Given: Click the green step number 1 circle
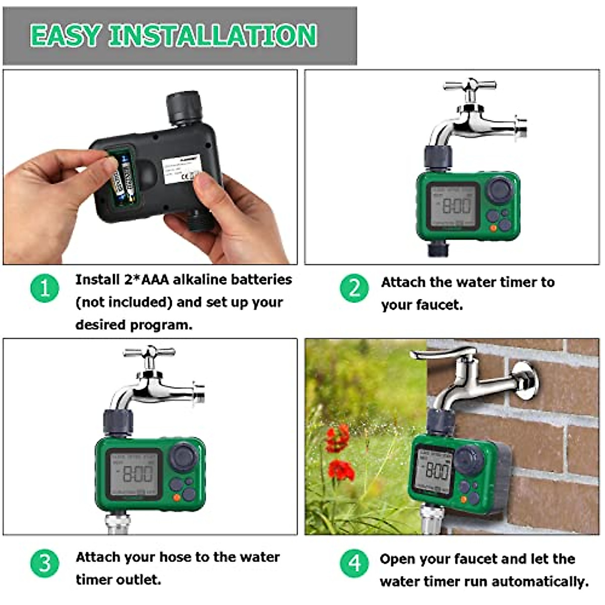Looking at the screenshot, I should click(45, 288).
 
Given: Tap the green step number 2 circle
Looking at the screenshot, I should click(354, 288).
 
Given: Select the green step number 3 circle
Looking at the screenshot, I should click(45, 563).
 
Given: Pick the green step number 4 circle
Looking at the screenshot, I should click(354, 563).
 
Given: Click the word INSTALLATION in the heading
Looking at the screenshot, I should click(213, 35).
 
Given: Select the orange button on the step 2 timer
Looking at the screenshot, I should click(493, 228).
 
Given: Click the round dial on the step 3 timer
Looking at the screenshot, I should click(183, 457).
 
